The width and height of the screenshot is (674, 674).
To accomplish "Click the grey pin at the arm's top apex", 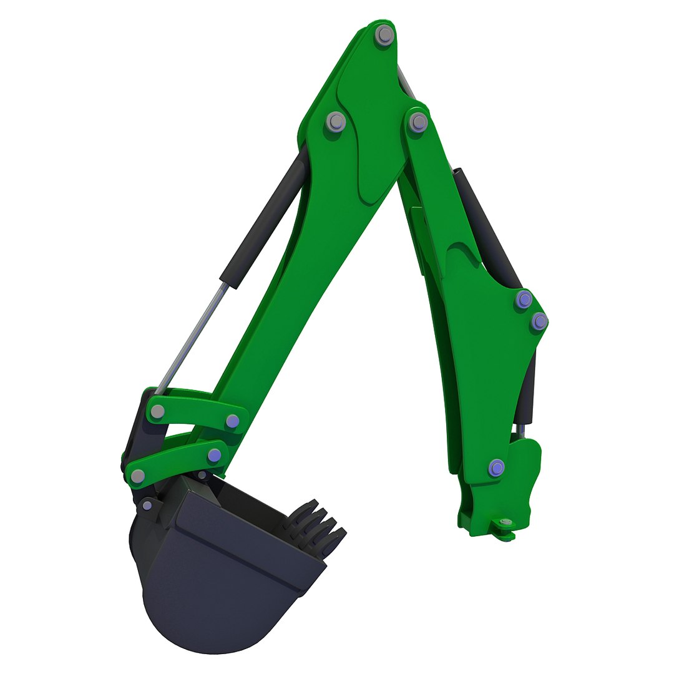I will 385,35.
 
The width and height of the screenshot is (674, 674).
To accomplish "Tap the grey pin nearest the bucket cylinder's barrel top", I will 336,121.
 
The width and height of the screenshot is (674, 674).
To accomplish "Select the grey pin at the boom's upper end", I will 418,122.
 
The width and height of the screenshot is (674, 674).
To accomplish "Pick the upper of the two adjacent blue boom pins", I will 525,300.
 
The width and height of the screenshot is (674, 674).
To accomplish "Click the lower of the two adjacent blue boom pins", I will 539,322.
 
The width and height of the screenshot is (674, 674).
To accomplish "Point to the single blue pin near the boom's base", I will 497,467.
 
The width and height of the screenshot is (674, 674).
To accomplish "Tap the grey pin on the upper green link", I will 158,411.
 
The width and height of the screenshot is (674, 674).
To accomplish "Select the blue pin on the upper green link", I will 233,421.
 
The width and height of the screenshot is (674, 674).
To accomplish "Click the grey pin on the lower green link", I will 138,476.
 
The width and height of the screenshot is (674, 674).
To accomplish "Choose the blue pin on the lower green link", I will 215,455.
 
